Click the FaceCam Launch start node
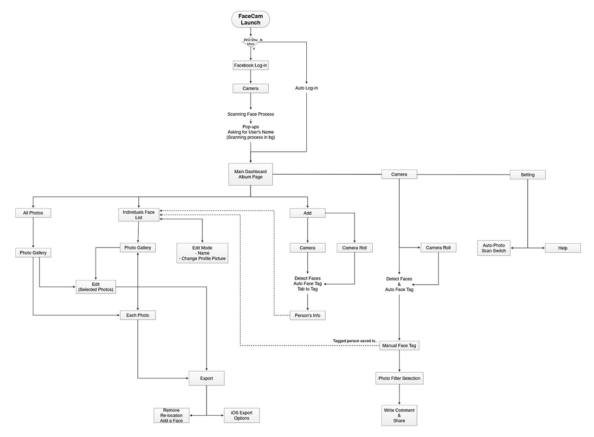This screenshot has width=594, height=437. point(250,20)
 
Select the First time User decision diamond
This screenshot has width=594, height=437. point(251,42)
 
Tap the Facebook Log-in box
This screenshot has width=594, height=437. point(251,65)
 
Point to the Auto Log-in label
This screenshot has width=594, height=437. point(306,88)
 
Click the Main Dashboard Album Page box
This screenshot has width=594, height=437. point(251,174)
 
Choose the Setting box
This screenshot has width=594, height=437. point(528,175)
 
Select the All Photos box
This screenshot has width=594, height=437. point(33,213)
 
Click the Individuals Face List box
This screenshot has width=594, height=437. point(139,215)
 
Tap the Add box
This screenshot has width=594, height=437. point(307,213)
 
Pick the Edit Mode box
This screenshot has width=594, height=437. point(202,253)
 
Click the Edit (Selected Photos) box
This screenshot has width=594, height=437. point(96,287)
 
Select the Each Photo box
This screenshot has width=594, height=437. point(138,315)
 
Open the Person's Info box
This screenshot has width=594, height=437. point(307,315)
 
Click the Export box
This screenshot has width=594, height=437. point(207,378)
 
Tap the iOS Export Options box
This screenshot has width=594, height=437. point(241,415)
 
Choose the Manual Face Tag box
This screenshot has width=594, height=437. point(399,346)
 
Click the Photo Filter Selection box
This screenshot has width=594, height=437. point(399,378)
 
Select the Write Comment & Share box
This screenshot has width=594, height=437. point(399,415)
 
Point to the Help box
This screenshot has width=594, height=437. point(562,248)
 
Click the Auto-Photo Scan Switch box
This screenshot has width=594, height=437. point(494,248)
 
